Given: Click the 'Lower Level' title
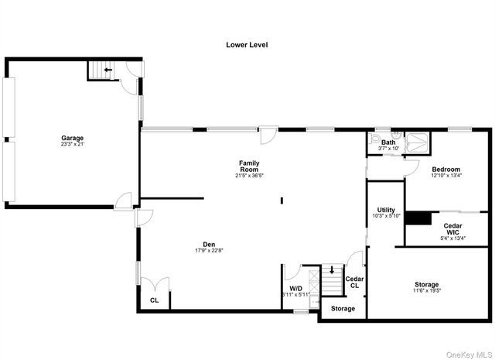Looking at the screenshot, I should point(247,45).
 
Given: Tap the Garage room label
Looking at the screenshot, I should point(73,138).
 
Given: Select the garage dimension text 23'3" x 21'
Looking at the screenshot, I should point(73,144).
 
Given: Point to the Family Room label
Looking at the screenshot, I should point(248,166).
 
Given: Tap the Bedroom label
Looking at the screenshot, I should point(445,170).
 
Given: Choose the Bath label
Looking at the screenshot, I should point(388,142).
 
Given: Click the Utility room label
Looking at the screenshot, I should point(386,210).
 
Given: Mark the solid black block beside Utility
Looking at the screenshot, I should point(420,218).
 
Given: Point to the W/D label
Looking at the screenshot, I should point(295,288).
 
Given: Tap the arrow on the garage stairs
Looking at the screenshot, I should point(108,70).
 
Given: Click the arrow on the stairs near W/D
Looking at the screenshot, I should point(333,270).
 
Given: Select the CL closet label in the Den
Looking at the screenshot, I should point(155,300).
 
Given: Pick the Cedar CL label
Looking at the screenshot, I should point(354,282).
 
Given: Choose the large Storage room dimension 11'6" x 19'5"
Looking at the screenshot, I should point(426,291).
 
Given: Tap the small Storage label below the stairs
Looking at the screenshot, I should point(343,308).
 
